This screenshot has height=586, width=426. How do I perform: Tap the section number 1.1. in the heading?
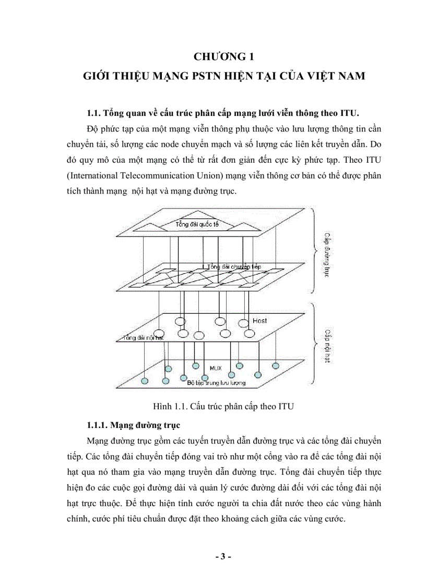[x=94, y=113]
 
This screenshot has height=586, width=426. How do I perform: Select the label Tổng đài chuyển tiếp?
[x=234, y=267]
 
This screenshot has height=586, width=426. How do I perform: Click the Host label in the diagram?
[x=259, y=320]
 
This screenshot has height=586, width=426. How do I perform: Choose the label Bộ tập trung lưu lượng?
[x=216, y=383]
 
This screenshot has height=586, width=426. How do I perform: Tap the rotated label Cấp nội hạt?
[x=328, y=346]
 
